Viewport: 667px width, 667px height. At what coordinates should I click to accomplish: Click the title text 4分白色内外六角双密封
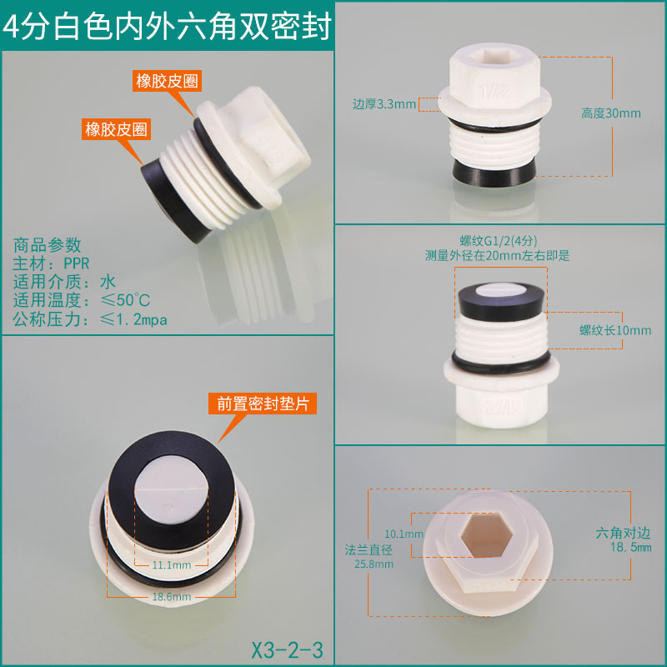pyautogui.click(x=167, y=27)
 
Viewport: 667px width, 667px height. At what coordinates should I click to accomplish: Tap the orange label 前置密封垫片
pyautogui.click(x=263, y=404)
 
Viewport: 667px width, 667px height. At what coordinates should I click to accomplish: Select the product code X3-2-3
pyautogui.click(x=287, y=649)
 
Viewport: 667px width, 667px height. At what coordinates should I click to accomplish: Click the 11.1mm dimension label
pyautogui.click(x=172, y=565)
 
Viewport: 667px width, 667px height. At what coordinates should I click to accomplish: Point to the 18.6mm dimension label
pyautogui.click(x=172, y=596)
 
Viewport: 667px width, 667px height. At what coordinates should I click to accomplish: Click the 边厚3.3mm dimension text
pyautogui.click(x=384, y=104)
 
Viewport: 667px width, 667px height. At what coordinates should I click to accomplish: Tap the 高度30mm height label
pyautogui.click(x=611, y=113)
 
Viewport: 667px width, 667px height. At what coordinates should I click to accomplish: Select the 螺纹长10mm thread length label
pyautogui.click(x=615, y=330)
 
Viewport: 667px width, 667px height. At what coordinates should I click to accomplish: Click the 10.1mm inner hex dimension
pyautogui.click(x=404, y=534)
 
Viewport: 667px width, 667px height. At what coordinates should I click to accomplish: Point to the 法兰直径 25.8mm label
pyautogui.click(x=369, y=557)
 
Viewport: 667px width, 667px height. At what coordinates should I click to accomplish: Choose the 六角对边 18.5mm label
pyautogui.click(x=623, y=539)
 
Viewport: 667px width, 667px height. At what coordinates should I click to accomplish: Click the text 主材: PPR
pyautogui.click(x=51, y=263)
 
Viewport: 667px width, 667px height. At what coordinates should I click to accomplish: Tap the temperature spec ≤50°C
pyautogui.click(x=125, y=300)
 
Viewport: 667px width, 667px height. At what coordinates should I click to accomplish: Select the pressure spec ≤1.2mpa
pyautogui.click(x=133, y=319)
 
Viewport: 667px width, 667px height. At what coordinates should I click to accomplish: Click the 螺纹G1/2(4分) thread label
pyautogui.click(x=498, y=241)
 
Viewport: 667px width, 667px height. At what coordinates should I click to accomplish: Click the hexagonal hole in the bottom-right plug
pyautogui.click(x=486, y=534)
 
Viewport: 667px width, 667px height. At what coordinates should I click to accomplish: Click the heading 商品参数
pyautogui.click(x=47, y=245)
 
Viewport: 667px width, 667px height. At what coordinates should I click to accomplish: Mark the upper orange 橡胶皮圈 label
pyautogui.click(x=167, y=81)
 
